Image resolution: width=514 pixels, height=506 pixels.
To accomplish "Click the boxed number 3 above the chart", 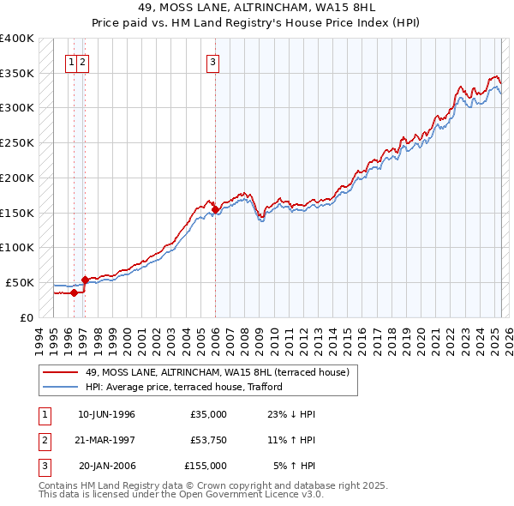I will (x=212, y=61).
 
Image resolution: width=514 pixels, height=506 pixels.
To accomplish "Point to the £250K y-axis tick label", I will (x=17, y=142).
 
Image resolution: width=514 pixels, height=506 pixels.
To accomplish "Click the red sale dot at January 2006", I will (x=215, y=209).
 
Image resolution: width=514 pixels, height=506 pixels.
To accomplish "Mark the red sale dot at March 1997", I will (x=86, y=280).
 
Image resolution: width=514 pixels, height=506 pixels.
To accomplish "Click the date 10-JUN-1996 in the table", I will (x=106, y=414).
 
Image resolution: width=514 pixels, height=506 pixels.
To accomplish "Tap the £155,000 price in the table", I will (x=206, y=466).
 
